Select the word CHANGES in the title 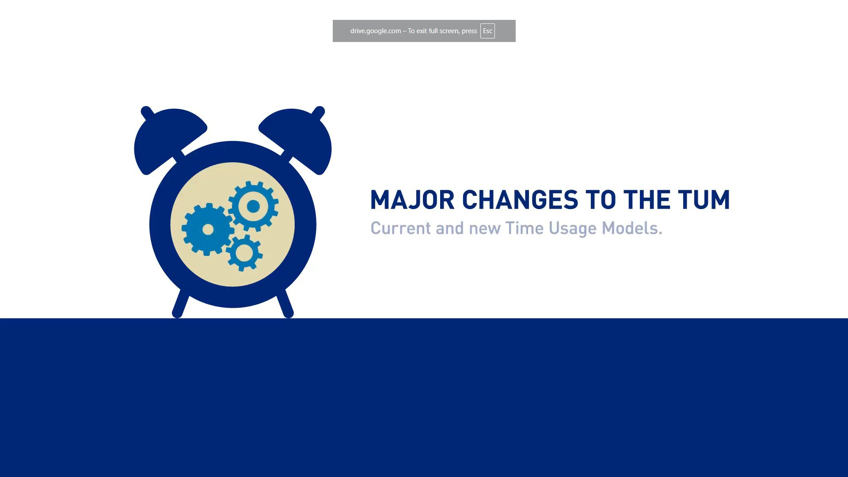point(520,200)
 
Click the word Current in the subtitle point(400,228)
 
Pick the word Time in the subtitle point(524,228)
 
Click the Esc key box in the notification point(487,31)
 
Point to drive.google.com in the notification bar point(376,31)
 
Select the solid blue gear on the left point(208,229)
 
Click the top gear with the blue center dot point(253,206)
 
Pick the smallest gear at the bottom point(244,253)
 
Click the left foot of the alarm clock point(180,304)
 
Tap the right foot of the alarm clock point(285,304)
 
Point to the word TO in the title point(601,200)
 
